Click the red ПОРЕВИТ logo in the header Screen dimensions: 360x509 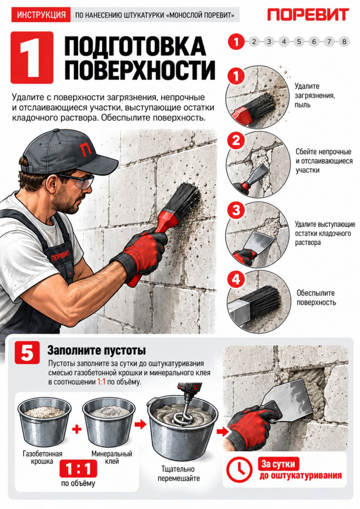tap(308, 15)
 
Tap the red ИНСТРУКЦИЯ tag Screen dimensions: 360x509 tap(41, 15)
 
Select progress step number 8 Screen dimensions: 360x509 tap(344, 41)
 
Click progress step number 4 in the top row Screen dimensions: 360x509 tap(283, 41)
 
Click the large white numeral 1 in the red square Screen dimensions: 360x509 tap(32, 58)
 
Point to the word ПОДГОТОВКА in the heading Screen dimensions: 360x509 tap(135, 46)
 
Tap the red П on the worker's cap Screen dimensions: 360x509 tap(86, 149)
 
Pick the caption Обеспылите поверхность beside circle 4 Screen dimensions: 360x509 tap(316, 298)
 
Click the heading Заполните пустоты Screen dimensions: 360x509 tap(96, 351)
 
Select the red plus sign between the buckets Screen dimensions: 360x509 tap(77, 430)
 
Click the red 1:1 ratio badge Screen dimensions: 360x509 tap(78, 468)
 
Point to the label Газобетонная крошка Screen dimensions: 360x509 tap(42, 457)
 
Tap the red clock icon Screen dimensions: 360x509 tap(240, 470)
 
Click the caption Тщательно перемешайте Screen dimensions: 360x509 tap(178, 474)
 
